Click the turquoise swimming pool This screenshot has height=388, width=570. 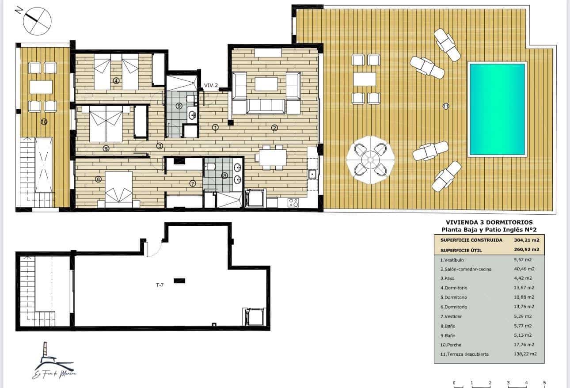(x=497, y=109)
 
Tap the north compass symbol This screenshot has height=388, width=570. (x=37, y=21)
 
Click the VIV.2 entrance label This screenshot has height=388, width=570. (x=211, y=86)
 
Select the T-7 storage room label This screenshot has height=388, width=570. (x=160, y=285)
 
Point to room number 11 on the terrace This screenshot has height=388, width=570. (x=446, y=106)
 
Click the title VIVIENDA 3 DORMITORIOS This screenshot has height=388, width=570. (x=489, y=222)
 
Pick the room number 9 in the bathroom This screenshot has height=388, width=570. (x=179, y=106)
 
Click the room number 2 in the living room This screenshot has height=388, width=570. (x=274, y=128)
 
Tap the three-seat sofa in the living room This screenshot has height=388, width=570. (x=265, y=106)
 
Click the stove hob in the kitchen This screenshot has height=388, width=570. (x=293, y=202)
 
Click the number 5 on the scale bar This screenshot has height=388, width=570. (x=544, y=383)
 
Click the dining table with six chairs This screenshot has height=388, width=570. (x=273, y=157)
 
